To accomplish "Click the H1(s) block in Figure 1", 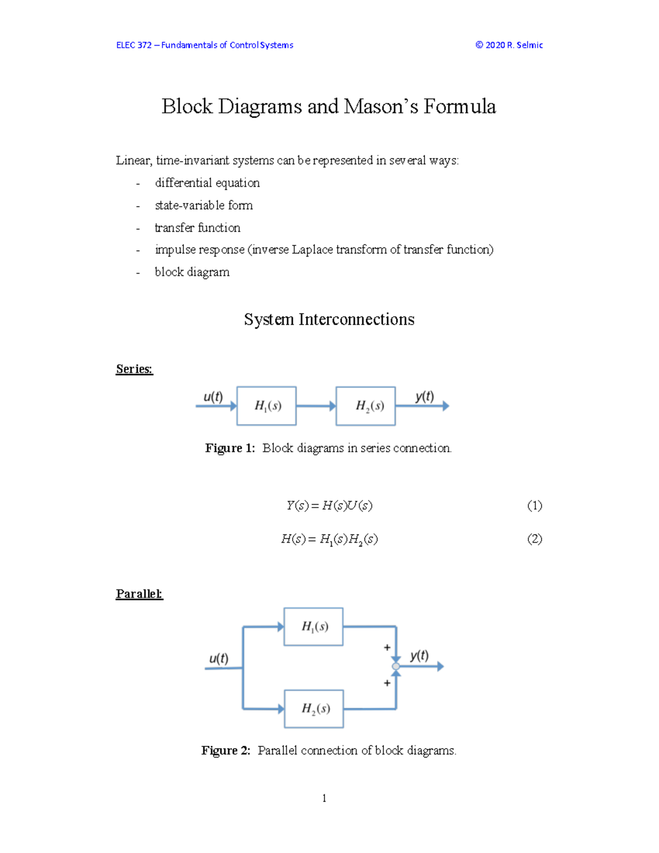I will tap(266, 406).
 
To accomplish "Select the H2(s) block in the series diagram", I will tap(366, 406).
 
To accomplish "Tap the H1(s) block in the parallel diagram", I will tap(314, 627).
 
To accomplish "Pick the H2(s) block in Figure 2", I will tap(314, 709).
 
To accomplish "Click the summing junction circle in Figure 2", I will tap(396, 666).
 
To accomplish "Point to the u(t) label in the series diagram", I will tap(213, 397).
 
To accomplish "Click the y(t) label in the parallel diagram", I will tap(420, 655).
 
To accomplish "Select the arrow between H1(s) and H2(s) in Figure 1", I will tap(316, 406).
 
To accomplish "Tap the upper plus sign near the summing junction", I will tap(387, 648).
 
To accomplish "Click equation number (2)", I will tap(534, 539).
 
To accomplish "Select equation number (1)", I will tap(534, 505).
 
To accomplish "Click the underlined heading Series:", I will tap(134, 369).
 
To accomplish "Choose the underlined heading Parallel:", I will tap(139, 594).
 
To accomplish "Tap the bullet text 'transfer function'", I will tap(198, 227).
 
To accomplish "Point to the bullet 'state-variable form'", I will tap(204, 205).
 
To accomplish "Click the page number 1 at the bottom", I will tap(325, 798).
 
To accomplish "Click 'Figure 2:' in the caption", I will tap(226, 750).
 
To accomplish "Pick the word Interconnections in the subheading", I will tap(356, 320).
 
